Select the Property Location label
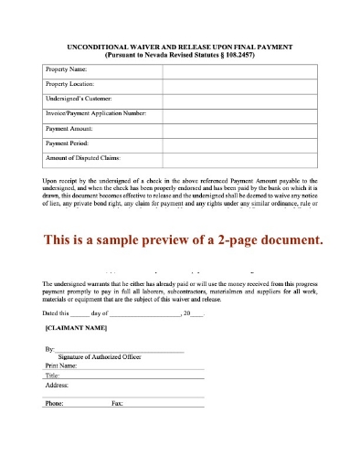[x=71, y=85]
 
